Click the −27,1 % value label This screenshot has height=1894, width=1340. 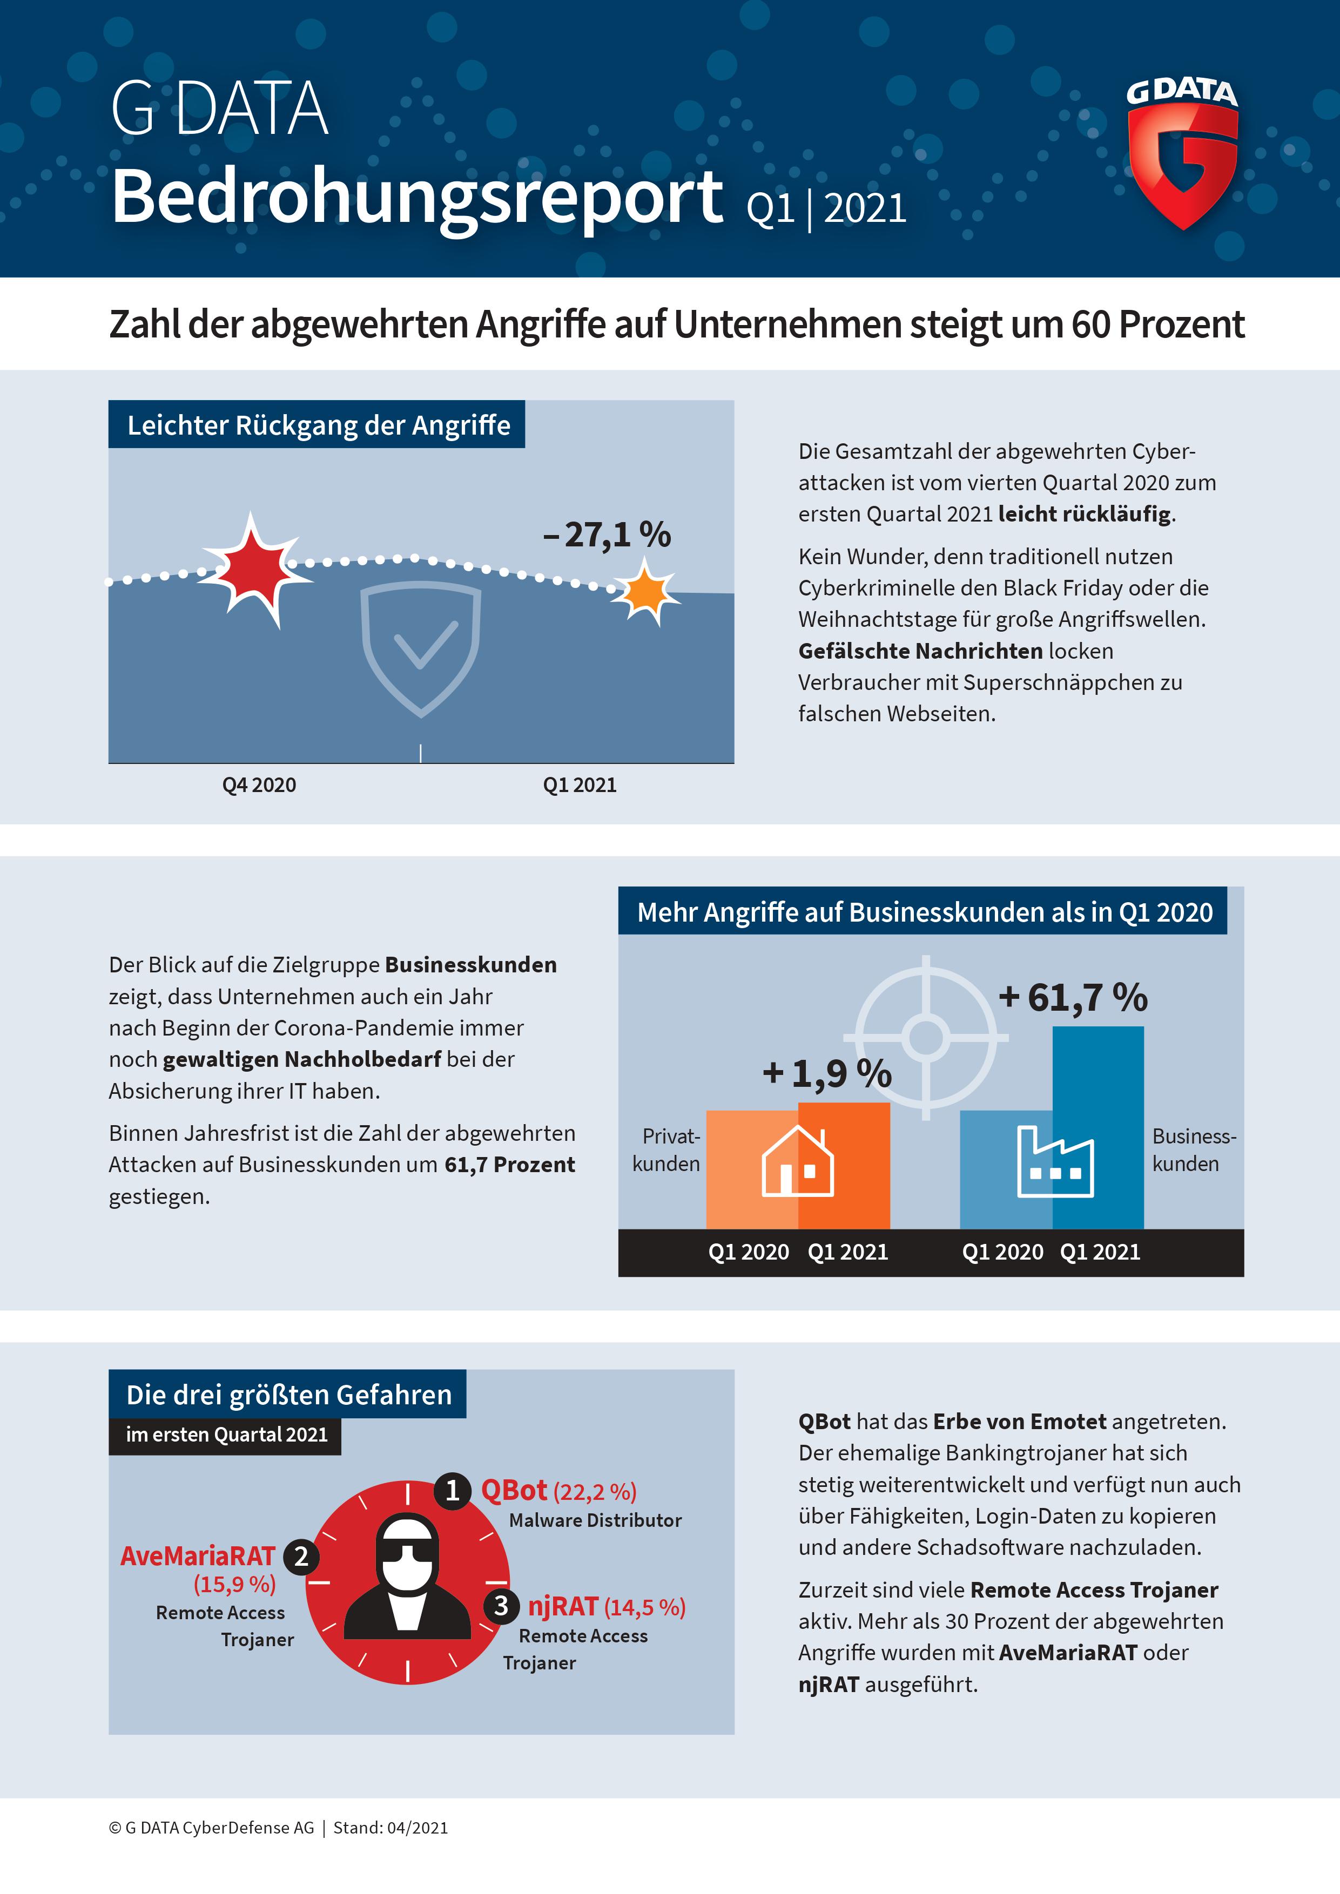tap(607, 535)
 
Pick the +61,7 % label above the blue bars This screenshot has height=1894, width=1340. tap(1073, 997)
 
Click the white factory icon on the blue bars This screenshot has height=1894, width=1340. tap(1055, 1162)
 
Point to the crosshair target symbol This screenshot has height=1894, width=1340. tap(926, 1037)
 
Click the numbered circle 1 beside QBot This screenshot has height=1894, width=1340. tap(452, 1491)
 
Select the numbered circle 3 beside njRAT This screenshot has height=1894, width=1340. tap(501, 1606)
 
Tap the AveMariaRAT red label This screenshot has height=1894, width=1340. tap(197, 1556)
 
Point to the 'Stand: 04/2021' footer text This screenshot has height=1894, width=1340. tap(390, 1827)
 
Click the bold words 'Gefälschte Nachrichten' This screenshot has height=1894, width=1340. tap(920, 651)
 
